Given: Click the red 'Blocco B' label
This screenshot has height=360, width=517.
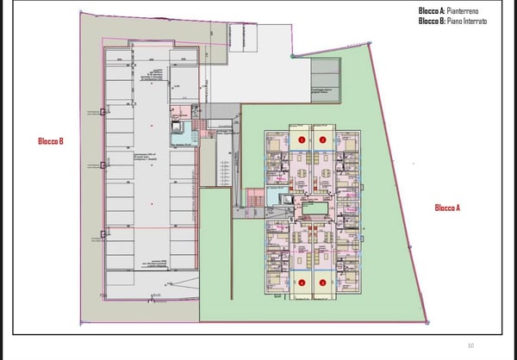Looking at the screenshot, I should pos(51,141).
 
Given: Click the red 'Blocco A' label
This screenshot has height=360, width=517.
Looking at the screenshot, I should pos(447,208).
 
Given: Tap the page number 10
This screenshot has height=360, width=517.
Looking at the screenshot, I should pos(470,345).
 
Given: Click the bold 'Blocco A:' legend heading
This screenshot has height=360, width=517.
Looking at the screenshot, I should pos(430,10).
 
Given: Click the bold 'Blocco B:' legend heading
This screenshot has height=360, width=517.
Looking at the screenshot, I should pos(430,21).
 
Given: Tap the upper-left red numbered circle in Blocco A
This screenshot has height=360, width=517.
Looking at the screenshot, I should pos(302,139).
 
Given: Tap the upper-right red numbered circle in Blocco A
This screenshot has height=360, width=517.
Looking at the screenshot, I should pos(322,139).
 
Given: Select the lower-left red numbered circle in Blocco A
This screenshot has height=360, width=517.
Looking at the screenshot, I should pos(302,282).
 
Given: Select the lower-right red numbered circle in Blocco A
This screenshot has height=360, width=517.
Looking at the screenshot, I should pos(322,282).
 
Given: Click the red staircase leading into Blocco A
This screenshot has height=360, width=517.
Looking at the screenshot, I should pos(253,199).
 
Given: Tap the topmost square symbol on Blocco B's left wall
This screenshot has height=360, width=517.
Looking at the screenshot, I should pos(103,112).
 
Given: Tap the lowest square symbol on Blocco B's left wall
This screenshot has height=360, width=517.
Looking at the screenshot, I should pos(103,233).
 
